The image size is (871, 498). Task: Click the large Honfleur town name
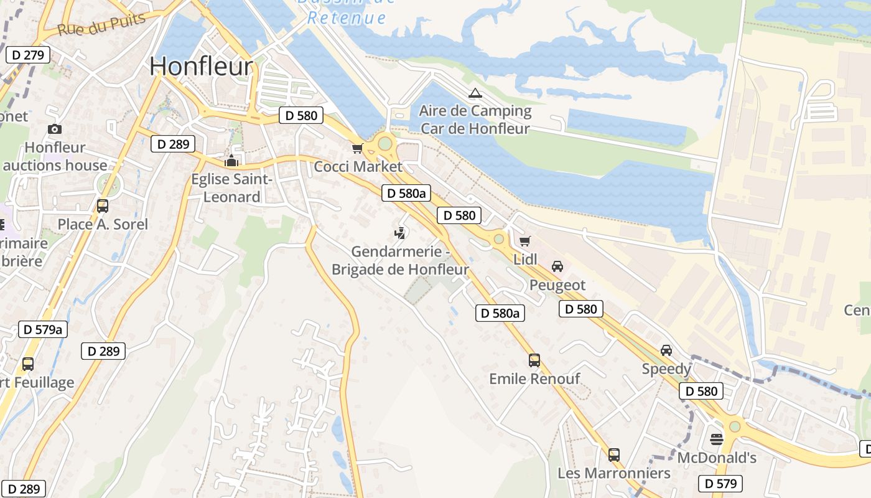pos(202,67)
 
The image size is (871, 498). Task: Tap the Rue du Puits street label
pos(101,24)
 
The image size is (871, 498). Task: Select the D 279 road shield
pos(27,55)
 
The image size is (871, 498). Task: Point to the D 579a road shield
pos(43,329)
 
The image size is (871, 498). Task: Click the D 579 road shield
pos(720,483)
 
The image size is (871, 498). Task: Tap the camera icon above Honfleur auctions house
pos(55,129)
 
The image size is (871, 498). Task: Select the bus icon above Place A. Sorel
pos(103,206)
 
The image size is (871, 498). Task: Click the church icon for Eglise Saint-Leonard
pos(231,161)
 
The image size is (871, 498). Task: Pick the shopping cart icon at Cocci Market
pos(357,148)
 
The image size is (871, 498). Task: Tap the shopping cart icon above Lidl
pos(525,241)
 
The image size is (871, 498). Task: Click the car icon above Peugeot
pos(557,266)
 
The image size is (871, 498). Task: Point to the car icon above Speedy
pos(666,350)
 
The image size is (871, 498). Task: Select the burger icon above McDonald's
pos(717,439)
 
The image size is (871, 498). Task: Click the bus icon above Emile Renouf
pos(534,360)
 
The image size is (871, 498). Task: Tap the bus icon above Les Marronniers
pos(614,454)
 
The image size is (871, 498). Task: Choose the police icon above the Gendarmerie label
pos(400,233)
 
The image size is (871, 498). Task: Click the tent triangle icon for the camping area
pos(475,93)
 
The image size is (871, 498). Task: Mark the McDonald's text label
pos(717,458)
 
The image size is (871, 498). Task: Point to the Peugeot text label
pos(557,285)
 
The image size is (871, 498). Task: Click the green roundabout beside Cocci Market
pos(385,144)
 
